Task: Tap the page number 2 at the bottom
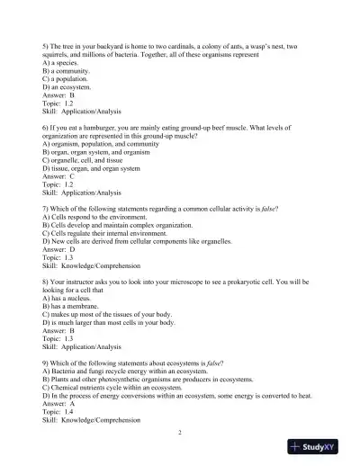click(180, 432)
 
